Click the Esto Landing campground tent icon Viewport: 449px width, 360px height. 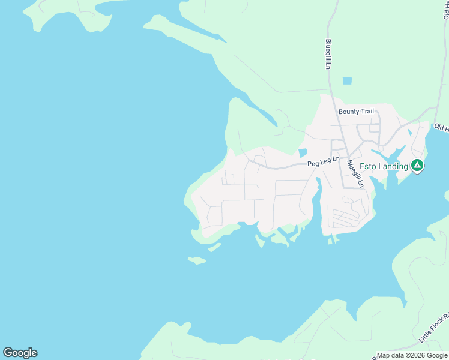coord(417,165)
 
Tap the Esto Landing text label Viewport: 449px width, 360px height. coord(384,166)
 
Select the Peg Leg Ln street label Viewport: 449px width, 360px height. coord(324,161)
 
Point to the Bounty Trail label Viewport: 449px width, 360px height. coord(356,112)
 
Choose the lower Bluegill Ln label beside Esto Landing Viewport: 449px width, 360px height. coord(355,173)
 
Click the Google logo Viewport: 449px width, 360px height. coord(20,353)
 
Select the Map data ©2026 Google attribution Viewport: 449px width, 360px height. coord(412,356)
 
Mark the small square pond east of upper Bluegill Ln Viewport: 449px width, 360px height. coord(347,81)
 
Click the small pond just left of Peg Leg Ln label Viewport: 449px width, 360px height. coord(303,154)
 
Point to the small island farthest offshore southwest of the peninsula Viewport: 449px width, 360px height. coord(196,260)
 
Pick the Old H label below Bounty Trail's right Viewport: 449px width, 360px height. coord(441,128)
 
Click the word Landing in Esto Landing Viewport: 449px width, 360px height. coord(393,166)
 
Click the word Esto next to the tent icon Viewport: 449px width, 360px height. coord(368,166)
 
